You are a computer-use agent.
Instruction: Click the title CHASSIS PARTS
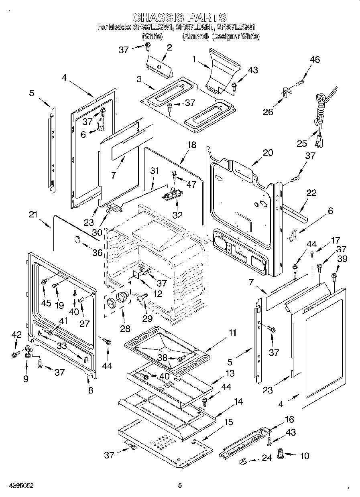point(179,18)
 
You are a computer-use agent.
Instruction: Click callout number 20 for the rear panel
point(268,152)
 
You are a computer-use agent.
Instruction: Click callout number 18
point(192,145)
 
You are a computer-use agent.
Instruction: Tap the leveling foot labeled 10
point(281,456)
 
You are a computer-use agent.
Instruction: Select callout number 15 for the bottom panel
point(228,422)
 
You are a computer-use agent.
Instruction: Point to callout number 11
point(232,333)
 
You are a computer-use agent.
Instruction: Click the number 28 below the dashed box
point(125,329)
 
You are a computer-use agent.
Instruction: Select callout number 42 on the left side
point(16,335)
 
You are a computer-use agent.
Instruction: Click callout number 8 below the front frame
point(91,390)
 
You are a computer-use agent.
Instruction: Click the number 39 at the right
point(342,260)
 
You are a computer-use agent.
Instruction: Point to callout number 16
point(289,420)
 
